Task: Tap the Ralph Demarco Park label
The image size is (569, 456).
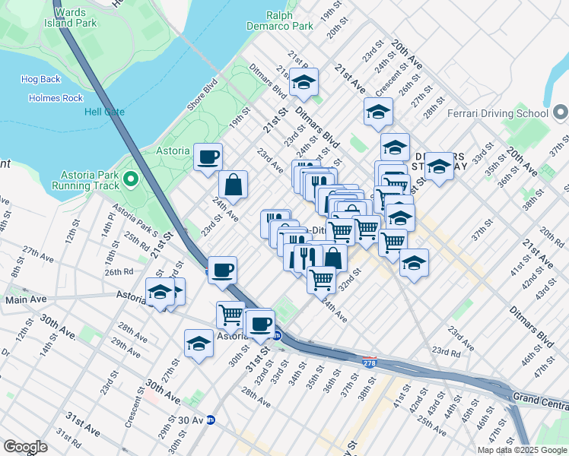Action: [x=290, y=21]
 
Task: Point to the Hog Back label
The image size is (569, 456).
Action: [x=40, y=79]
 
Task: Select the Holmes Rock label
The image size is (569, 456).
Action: [x=56, y=98]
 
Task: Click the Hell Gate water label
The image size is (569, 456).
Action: [x=103, y=112]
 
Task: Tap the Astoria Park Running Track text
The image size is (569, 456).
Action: [x=86, y=179]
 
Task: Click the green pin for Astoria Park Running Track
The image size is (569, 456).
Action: [x=131, y=179]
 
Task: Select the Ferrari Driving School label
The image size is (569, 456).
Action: [x=497, y=114]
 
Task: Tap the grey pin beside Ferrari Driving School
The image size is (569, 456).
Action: [x=561, y=114]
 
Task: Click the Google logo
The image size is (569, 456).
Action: [x=26, y=446]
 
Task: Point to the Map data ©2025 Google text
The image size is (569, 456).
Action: [x=522, y=450]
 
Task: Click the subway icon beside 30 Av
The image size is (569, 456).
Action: [x=211, y=420]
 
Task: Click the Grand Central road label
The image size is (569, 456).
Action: [x=540, y=397]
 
